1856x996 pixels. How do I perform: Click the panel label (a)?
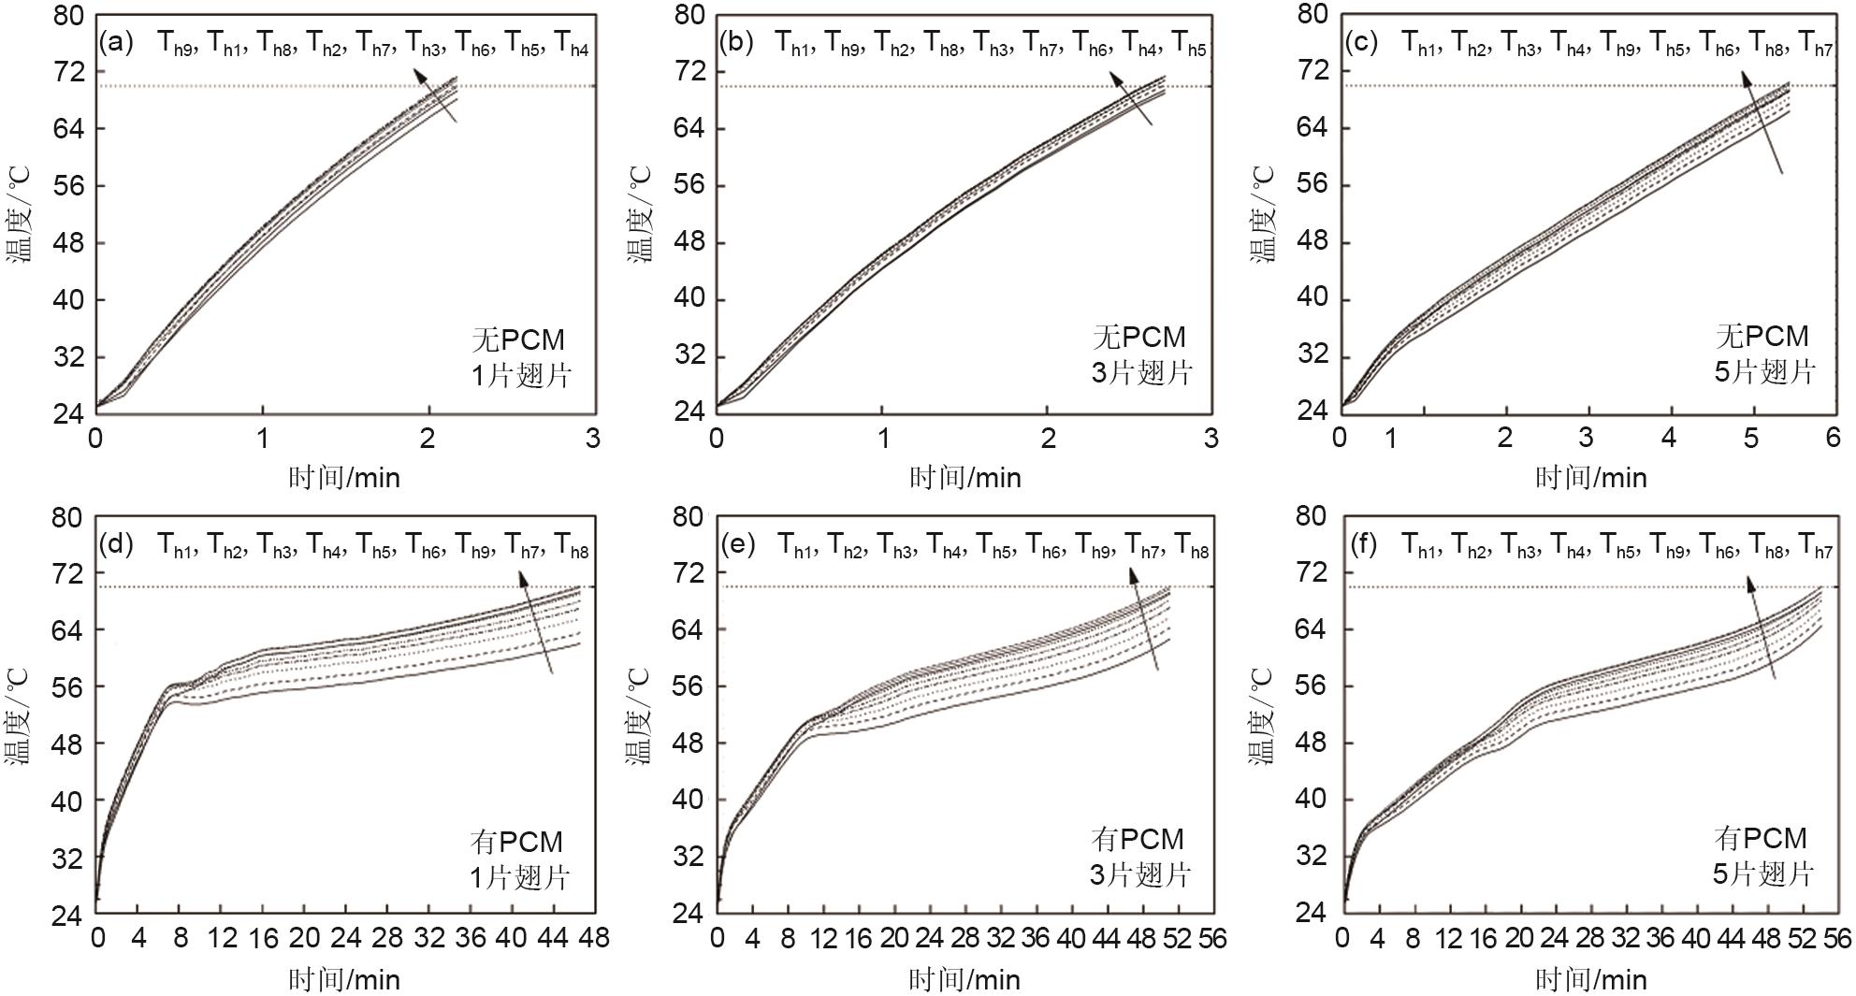point(117,42)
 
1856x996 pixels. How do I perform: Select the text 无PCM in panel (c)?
point(1762,336)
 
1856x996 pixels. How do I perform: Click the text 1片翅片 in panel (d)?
point(520,877)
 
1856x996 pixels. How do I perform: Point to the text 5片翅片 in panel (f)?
point(1762,873)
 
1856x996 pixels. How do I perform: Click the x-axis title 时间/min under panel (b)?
point(964,478)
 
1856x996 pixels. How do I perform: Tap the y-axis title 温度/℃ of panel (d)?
point(19,716)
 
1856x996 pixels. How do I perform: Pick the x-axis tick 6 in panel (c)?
point(1833,438)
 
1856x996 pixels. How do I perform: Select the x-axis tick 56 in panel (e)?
point(1212,938)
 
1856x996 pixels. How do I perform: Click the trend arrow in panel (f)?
point(1761,627)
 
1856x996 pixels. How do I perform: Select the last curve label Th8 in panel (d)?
point(572,546)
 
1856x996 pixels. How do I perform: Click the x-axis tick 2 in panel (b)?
point(1049,438)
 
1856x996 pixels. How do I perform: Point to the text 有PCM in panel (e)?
point(1138,839)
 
